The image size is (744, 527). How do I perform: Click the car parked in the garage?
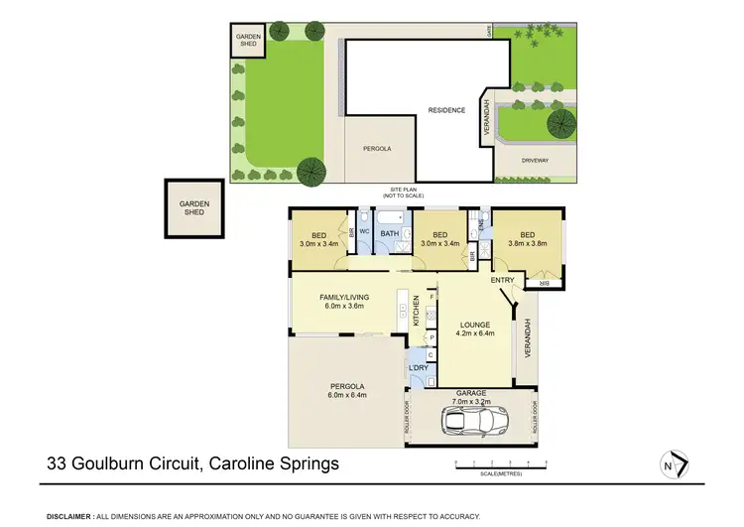pos(471,421)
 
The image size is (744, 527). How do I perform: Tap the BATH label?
pos(390,235)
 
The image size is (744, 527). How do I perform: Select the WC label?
pos(365,231)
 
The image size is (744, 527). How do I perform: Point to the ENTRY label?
pos(502,280)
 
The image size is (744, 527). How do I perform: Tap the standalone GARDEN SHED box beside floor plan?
pos(194,207)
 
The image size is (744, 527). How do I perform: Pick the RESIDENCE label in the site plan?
pos(446,110)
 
